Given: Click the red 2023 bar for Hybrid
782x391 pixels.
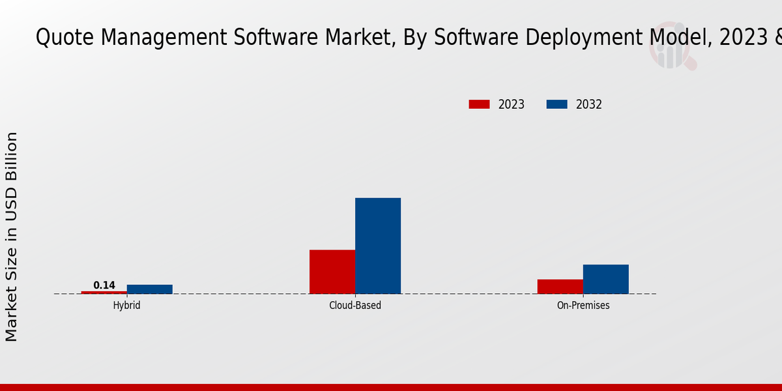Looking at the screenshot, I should click(x=104, y=293).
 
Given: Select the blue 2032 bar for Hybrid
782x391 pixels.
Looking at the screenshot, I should click(x=150, y=289).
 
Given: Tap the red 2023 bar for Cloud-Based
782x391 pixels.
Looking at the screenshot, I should click(x=332, y=272).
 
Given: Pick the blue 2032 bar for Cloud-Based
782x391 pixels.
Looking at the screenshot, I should click(x=378, y=246).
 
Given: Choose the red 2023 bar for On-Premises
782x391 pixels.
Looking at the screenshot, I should click(x=560, y=287).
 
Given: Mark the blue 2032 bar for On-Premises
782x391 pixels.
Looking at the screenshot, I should click(x=606, y=279).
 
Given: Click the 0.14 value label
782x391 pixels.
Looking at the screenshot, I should click(x=104, y=285).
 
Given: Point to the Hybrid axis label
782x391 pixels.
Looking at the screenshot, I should click(x=126, y=305).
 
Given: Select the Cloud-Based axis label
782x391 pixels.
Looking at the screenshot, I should click(x=355, y=305).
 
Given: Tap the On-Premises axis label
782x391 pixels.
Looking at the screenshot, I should click(x=583, y=305).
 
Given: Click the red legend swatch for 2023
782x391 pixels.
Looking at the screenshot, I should click(x=479, y=104).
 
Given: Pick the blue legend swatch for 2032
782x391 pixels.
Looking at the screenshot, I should click(x=557, y=104).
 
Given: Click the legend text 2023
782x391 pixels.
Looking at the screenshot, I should click(x=512, y=104).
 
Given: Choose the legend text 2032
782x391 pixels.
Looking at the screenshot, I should click(x=589, y=104).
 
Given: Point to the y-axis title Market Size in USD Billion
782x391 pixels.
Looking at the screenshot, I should click(x=12, y=236).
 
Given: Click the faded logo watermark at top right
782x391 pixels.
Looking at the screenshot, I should click(x=671, y=49).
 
